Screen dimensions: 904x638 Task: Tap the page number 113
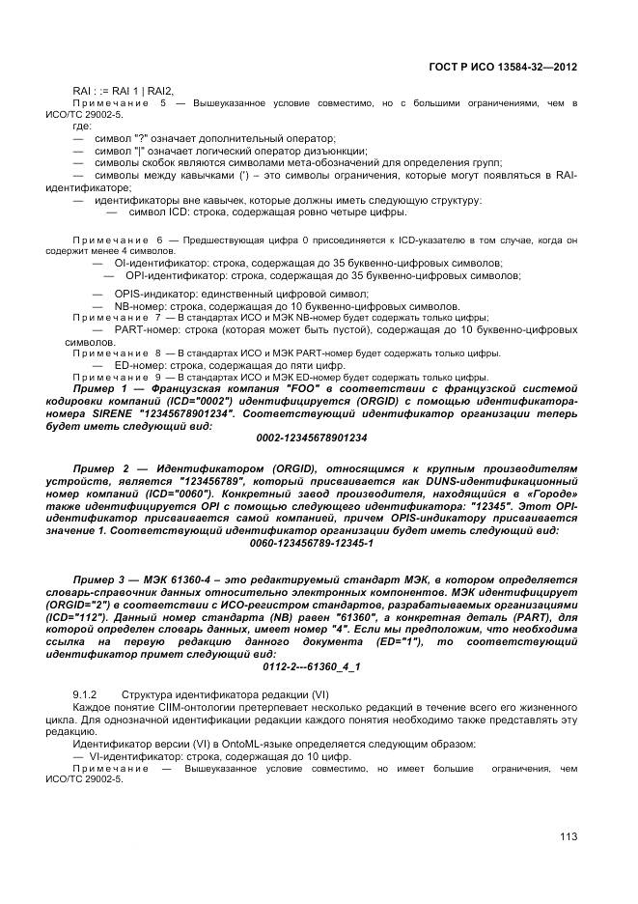(x=568, y=836)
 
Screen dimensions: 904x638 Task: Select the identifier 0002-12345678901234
(x=312, y=438)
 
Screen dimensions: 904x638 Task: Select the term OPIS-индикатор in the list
(x=151, y=293)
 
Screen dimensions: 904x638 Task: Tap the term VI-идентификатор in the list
(x=131, y=756)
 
